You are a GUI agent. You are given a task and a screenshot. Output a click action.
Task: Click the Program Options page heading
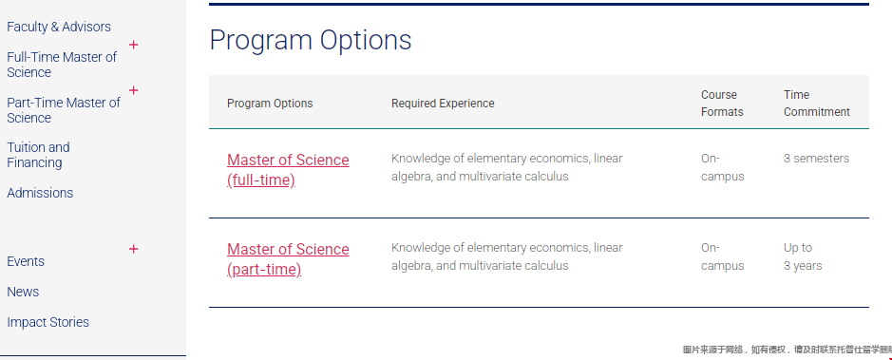click(310, 41)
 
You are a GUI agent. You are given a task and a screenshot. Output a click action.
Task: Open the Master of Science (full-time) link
click(288, 169)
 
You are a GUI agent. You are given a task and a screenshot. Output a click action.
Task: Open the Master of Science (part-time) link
click(288, 258)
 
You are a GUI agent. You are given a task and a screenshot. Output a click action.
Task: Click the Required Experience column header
click(443, 104)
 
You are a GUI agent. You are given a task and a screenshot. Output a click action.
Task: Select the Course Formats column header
click(722, 104)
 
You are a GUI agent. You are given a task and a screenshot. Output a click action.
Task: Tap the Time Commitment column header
click(816, 104)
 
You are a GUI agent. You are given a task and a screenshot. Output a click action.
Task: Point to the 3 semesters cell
click(816, 158)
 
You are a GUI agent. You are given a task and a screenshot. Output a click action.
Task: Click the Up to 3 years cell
click(802, 256)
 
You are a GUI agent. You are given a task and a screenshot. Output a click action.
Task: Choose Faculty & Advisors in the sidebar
click(59, 27)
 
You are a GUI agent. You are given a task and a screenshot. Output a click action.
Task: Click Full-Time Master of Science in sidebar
click(62, 65)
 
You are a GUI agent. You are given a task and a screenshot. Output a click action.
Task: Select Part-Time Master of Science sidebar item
click(63, 110)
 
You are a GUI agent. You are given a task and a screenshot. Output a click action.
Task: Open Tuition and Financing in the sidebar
click(38, 155)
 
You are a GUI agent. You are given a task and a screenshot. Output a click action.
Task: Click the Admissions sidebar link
click(40, 193)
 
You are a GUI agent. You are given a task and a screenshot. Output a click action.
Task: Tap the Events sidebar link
click(26, 261)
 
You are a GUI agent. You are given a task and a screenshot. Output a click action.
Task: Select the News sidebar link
click(23, 292)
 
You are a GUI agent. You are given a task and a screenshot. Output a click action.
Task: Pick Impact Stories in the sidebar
click(47, 322)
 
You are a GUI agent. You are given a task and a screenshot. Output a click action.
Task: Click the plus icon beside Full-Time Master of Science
click(134, 45)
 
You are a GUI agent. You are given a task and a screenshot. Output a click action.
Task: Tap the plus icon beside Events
click(134, 249)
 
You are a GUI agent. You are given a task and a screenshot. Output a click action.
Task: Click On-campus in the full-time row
click(722, 167)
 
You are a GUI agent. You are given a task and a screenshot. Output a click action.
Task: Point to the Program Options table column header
click(270, 104)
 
